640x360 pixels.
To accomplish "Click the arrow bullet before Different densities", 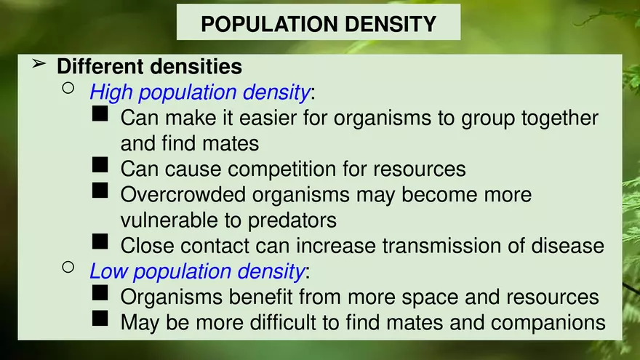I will coord(39,65).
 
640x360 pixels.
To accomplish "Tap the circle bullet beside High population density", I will coord(68,89).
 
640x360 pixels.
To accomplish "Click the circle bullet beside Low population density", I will coord(68,268).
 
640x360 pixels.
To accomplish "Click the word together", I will coord(557,118).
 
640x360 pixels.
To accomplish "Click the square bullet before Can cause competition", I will coord(101,166).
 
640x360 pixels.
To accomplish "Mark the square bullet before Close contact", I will coord(101,242).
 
